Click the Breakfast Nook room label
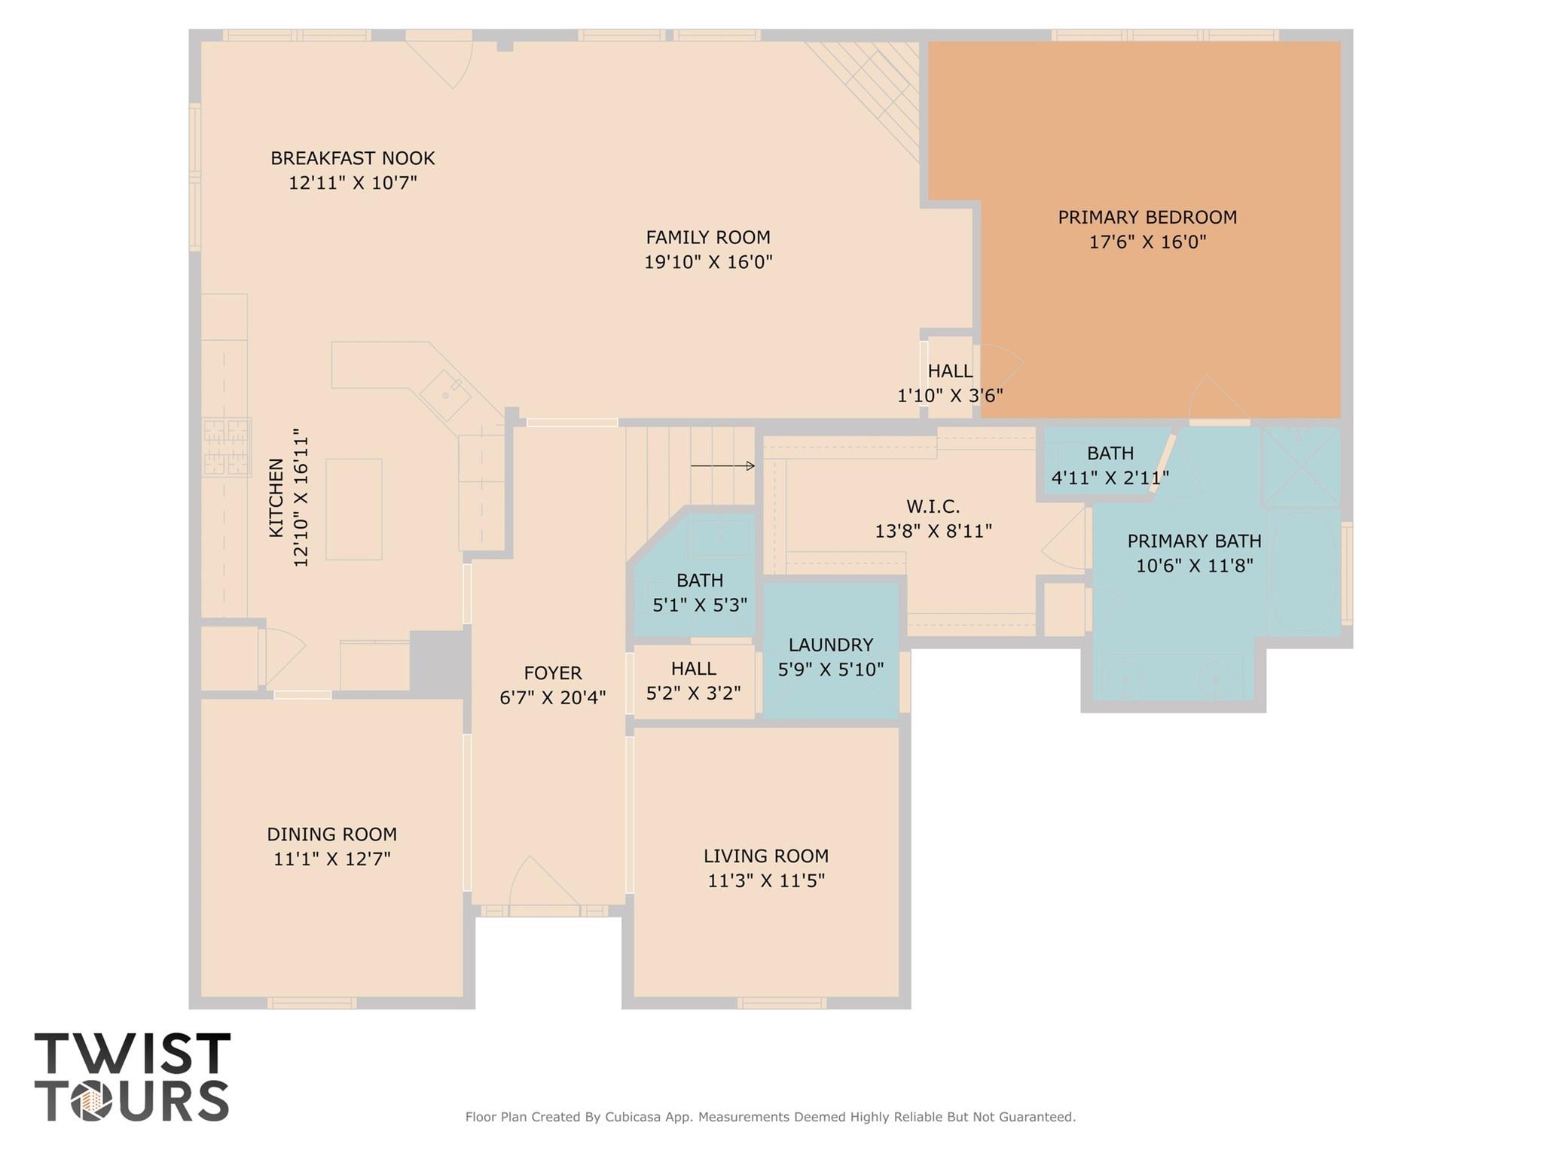click(353, 158)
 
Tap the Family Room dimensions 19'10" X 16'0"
click(708, 262)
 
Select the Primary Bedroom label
click(1147, 218)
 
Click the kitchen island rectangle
click(353, 509)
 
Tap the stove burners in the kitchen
click(226, 447)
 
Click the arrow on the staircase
click(722, 466)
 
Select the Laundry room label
click(831, 645)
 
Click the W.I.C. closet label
click(933, 507)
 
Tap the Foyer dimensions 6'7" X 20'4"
click(553, 698)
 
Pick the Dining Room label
click(331, 834)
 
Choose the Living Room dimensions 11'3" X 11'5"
click(766, 880)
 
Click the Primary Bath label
click(1194, 541)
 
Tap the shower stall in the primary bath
click(1301, 467)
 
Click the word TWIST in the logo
click(133, 1054)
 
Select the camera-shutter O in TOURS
click(92, 1103)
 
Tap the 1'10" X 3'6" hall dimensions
click(950, 395)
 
